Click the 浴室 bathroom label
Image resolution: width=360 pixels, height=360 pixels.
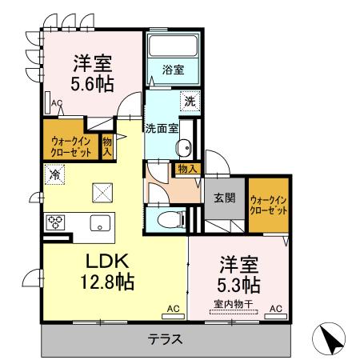coord(174,70)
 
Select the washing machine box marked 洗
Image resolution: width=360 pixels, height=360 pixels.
coord(190,102)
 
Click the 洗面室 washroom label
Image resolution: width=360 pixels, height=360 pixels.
coord(162,127)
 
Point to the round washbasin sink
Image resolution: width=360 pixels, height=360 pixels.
coord(183,147)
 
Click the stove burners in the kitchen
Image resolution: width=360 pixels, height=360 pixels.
coord(56,222)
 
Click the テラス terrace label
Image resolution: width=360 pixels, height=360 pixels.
coord(165,338)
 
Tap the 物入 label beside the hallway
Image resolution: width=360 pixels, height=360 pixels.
coord(187,169)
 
